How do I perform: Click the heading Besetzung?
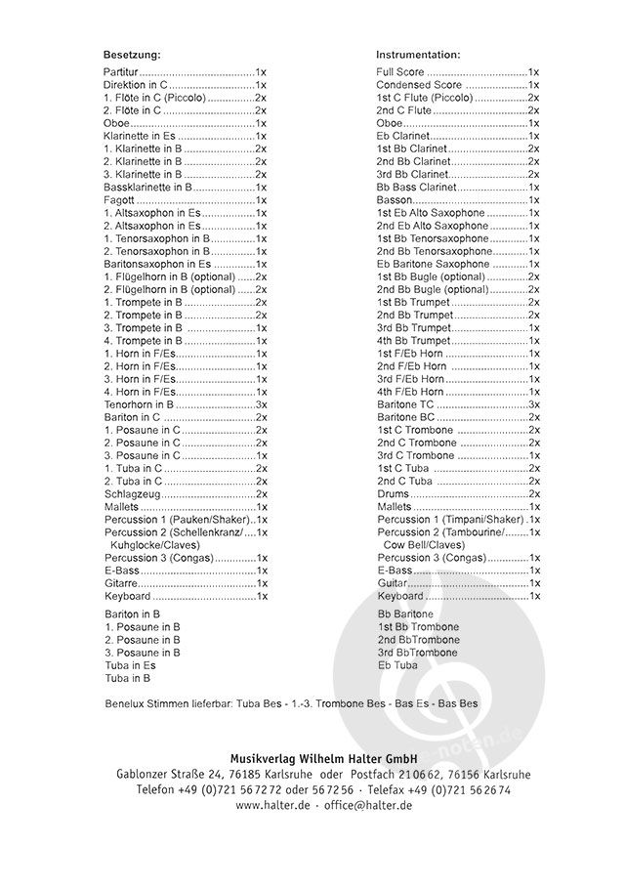(132, 55)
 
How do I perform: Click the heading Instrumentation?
(418, 55)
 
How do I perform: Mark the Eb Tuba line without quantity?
(396, 665)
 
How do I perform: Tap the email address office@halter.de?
(367, 805)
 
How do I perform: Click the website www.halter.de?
(272, 805)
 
